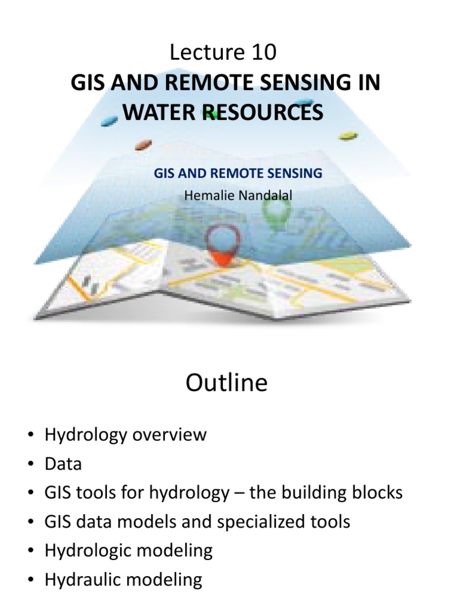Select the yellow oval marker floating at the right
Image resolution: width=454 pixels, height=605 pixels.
coord(348,136)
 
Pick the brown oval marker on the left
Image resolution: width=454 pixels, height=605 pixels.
coord(144,144)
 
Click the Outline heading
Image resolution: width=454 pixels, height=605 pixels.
coord(226,383)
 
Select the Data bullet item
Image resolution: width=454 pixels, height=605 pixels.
coord(63,464)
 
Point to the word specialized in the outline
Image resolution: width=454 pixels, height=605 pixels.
coord(265,522)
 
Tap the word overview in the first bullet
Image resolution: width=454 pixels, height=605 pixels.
coord(171,435)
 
